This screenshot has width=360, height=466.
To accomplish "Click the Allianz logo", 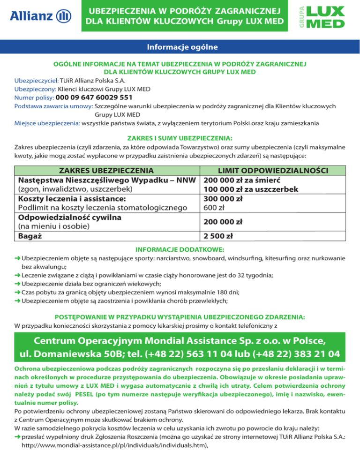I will pos(40,17).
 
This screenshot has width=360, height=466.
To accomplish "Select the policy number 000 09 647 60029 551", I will pos(94,98).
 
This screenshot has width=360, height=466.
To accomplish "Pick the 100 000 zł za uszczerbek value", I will pos(251,189).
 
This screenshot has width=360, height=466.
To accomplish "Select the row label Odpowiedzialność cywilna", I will pos(70,218).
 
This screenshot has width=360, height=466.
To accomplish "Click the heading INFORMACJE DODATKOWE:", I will pos(180,249).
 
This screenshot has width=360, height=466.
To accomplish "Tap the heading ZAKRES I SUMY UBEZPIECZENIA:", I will pos(180,138).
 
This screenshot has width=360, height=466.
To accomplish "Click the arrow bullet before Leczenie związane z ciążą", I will pos(18,275).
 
